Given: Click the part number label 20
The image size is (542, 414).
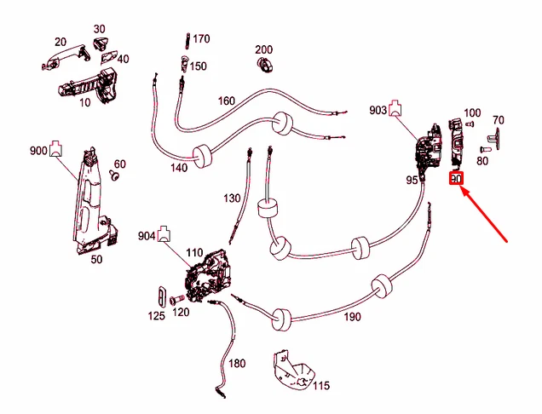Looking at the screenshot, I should coord(61,42).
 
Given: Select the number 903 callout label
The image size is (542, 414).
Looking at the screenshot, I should coord(378,110).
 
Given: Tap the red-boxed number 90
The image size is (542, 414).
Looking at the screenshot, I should coord(456,180).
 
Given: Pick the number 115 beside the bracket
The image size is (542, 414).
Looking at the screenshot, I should coord(320,386).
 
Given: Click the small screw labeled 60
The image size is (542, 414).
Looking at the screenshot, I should coord(114,177).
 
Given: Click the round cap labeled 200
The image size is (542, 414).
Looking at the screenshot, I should coord(264,66).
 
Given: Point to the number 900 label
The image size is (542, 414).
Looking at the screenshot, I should coord(38,151).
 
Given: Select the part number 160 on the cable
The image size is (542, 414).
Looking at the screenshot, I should coord(227,101).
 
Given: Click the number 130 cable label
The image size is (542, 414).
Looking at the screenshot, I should coord(233,198).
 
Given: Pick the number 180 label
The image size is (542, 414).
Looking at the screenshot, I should coord(236,364).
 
